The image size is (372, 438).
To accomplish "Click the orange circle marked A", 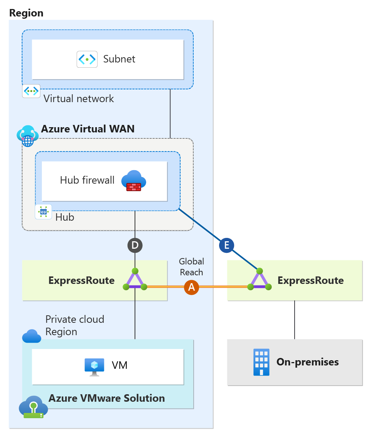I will point(191,287).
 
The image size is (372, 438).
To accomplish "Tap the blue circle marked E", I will point(227,245).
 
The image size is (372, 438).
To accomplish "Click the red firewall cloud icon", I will point(133,181).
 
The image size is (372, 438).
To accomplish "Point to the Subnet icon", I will point(87,59).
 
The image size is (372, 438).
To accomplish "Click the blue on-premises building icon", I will point(261,362).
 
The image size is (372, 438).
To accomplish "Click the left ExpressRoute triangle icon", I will point(135,280).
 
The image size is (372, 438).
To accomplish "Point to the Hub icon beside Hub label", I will point(43,212).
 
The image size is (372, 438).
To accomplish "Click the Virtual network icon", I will point(31,91).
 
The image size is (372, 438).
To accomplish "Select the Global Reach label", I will point(191,267).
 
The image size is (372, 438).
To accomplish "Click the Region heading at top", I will point(26,13).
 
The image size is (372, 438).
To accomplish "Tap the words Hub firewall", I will point(87,180).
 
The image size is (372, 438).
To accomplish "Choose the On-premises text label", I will point(307,362).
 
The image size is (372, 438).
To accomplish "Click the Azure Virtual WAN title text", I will point(87,129).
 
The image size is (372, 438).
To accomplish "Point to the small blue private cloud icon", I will point(31,336).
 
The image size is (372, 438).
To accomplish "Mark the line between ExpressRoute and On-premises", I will point(295,320).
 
